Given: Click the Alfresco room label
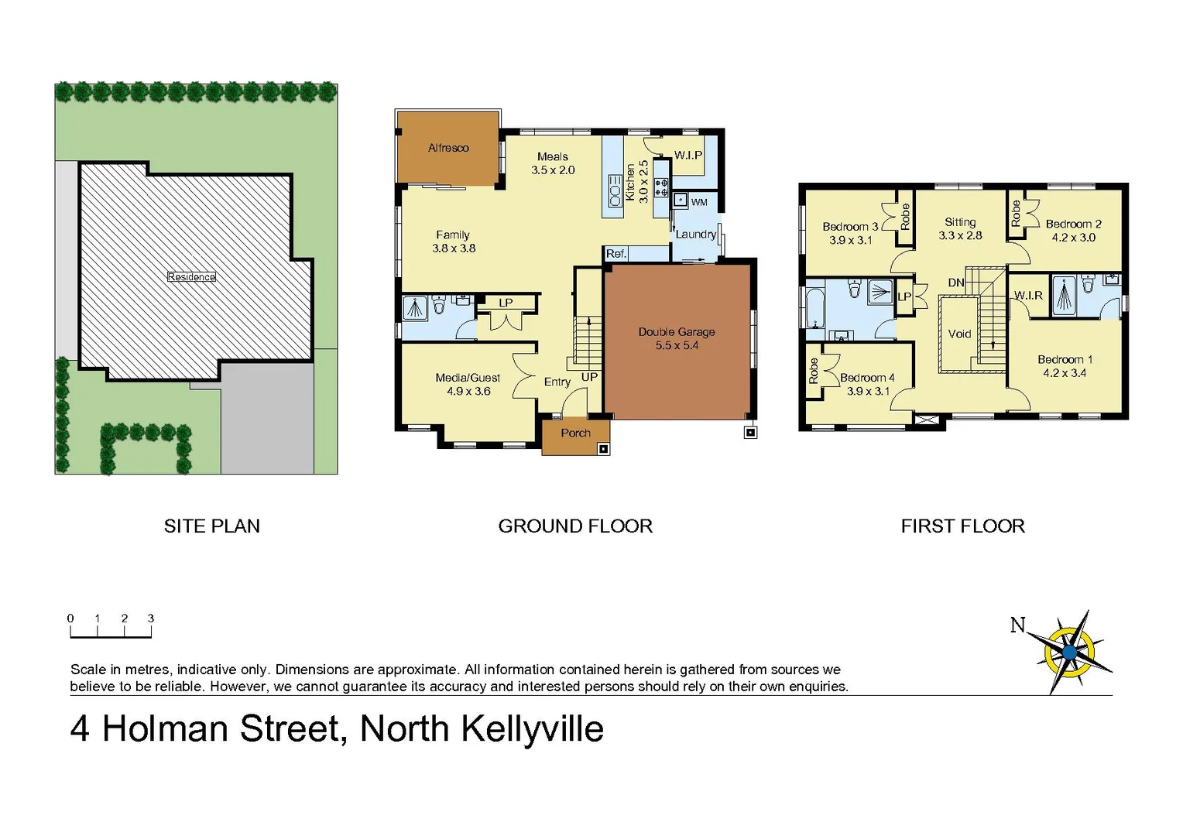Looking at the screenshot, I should pyautogui.click(x=448, y=148).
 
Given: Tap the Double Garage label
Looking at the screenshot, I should pyautogui.click(x=677, y=332).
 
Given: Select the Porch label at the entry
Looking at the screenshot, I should pyautogui.click(x=575, y=433).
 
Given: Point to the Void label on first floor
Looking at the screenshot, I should pyautogui.click(x=959, y=334).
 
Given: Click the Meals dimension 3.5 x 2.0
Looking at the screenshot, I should pyautogui.click(x=553, y=170).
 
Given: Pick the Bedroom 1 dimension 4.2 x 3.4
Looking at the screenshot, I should pyautogui.click(x=1065, y=373).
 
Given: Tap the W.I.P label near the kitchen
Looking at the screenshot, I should pyautogui.click(x=688, y=155).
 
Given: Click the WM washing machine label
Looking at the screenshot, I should pyautogui.click(x=699, y=203).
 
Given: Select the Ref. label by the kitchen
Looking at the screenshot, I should pyautogui.click(x=616, y=254).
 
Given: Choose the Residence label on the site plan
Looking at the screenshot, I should pyautogui.click(x=191, y=277).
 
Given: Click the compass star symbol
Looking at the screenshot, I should pyautogui.click(x=1070, y=652).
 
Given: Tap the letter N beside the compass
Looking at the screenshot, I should pyautogui.click(x=1018, y=625).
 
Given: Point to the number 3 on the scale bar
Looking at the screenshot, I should pyautogui.click(x=151, y=618).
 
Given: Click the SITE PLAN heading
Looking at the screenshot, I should pyautogui.click(x=211, y=526).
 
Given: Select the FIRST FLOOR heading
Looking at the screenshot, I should pyautogui.click(x=962, y=526).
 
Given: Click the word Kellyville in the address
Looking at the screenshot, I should pyautogui.click(x=533, y=729).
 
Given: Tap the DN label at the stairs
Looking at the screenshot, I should pyautogui.click(x=956, y=283).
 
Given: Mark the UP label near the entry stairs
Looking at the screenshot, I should pyautogui.click(x=589, y=377).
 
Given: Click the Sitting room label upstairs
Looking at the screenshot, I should pyautogui.click(x=960, y=222).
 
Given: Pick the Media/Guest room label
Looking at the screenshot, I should pyautogui.click(x=468, y=378).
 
